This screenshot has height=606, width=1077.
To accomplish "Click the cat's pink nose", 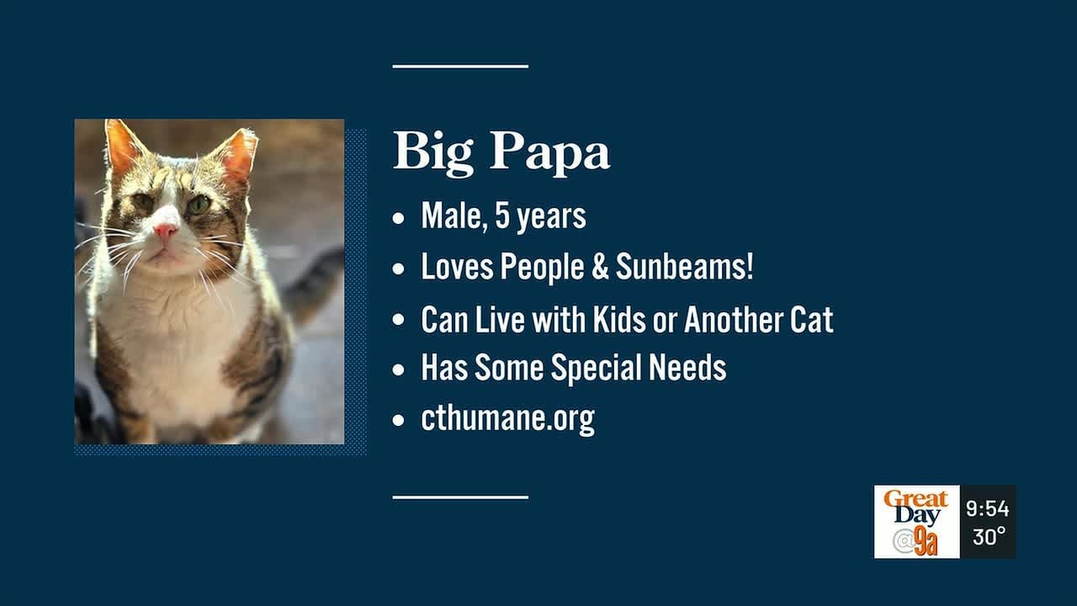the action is [x=166, y=232].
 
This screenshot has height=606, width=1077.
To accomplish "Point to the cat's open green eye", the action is [x=199, y=205].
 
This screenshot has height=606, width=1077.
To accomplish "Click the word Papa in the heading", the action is [x=549, y=152].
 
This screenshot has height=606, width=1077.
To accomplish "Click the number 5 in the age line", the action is [x=502, y=215].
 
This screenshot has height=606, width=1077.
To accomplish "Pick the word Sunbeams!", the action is [x=685, y=267].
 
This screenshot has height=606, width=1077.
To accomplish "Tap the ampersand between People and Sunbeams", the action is [x=600, y=267].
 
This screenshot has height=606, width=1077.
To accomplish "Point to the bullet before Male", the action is [x=398, y=218].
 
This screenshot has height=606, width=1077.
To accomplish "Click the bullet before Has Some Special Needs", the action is [x=398, y=369].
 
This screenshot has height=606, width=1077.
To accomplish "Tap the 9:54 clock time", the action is [x=988, y=509].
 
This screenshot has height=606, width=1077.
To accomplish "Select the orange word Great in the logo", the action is [x=916, y=499].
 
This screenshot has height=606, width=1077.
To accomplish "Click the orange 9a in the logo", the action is [x=926, y=541].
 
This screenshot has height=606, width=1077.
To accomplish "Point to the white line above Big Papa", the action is [x=460, y=66].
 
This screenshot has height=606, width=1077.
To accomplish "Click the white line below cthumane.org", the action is [x=460, y=497].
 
